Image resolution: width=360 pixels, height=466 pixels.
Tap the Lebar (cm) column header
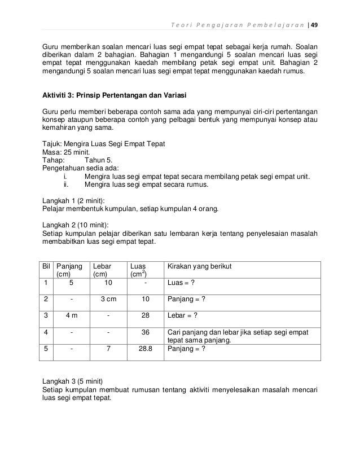click(102, 269)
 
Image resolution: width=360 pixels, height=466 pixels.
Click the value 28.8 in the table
click(146, 349)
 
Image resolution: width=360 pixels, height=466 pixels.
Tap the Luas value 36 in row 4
click(146, 332)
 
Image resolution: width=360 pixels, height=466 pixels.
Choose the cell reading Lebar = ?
click(183, 315)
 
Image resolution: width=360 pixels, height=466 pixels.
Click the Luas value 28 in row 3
click(146, 315)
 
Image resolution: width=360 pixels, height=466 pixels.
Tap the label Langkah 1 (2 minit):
click(78, 200)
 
